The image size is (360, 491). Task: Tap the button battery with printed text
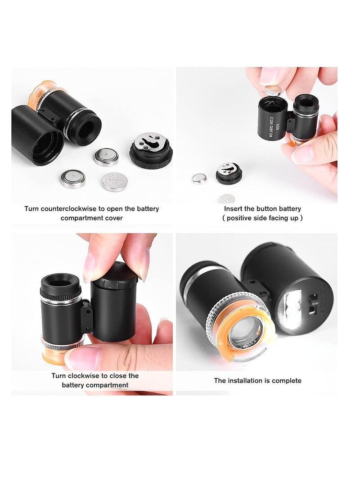(x=114, y=182)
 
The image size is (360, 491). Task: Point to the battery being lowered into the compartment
(x=272, y=91)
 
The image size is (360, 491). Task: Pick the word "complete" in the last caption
(x=286, y=381)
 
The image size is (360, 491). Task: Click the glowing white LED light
(x=293, y=309)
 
